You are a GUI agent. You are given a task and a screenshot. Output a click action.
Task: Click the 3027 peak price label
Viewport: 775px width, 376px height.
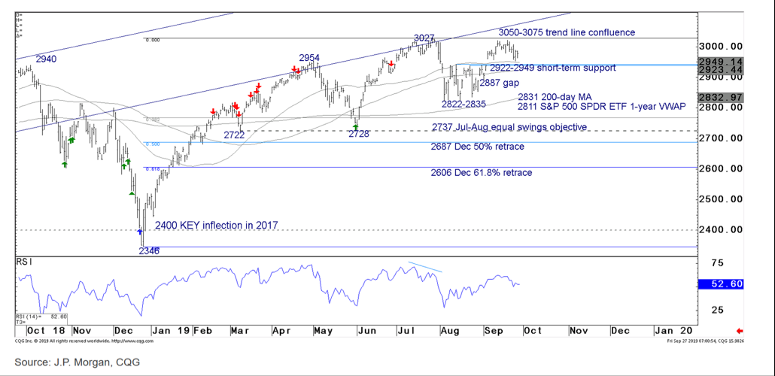[425, 38]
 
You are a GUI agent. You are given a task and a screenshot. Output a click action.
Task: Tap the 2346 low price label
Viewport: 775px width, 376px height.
[148, 250]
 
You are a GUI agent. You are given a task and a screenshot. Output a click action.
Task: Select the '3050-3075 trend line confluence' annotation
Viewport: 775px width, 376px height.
[567, 32]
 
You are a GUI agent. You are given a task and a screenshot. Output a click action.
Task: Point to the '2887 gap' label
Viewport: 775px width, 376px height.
[500, 83]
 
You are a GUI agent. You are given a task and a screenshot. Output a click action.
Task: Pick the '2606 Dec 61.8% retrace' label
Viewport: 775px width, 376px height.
[482, 173]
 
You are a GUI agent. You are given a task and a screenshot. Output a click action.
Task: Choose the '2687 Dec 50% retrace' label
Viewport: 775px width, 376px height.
[477, 147]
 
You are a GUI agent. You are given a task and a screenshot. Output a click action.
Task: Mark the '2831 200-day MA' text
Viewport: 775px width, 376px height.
[552, 97]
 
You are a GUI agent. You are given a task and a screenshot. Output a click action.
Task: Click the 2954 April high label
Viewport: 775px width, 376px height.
[309, 58]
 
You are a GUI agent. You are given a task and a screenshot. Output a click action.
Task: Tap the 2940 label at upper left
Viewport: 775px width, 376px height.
[46, 58]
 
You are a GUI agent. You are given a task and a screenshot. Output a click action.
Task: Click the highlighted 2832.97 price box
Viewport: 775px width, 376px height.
[721, 97]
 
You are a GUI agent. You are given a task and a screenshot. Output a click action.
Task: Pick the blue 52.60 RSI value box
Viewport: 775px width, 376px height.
[721, 284]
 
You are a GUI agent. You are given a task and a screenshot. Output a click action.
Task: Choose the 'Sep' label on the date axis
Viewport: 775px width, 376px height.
[494, 330]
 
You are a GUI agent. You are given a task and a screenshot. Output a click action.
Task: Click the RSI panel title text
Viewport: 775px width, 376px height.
[26, 264]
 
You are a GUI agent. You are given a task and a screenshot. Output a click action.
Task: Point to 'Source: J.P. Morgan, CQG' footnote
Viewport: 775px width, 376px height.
[76, 362]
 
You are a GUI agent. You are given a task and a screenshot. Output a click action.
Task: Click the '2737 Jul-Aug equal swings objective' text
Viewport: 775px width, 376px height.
[509, 127]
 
